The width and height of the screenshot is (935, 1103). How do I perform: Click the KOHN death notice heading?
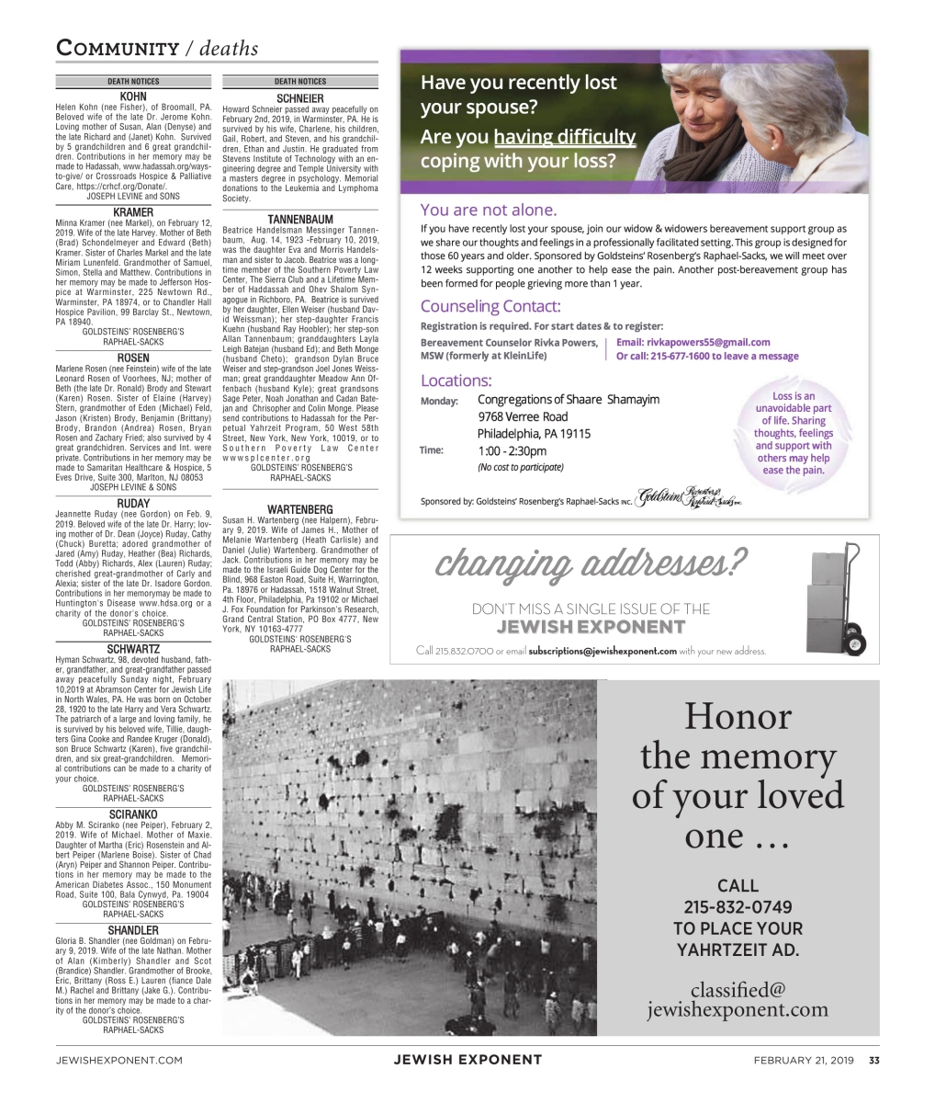(x=134, y=96)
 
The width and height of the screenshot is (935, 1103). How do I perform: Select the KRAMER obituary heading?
(x=134, y=211)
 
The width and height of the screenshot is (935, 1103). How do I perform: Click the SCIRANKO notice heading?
(x=134, y=813)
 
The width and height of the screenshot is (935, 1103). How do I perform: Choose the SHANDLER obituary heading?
(x=134, y=929)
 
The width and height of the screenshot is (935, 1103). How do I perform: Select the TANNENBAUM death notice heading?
(x=300, y=218)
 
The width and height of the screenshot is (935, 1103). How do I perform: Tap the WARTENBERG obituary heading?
(x=300, y=508)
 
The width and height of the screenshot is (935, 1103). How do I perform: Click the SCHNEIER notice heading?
(x=300, y=97)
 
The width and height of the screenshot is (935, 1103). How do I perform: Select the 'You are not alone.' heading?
(x=488, y=209)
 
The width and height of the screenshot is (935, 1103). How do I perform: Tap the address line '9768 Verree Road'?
(x=523, y=416)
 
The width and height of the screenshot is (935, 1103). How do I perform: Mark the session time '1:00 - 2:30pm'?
(x=512, y=450)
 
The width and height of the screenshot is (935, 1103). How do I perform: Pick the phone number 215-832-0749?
(x=738, y=907)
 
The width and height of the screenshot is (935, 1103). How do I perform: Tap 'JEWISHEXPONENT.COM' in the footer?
(x=118, y=1060)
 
